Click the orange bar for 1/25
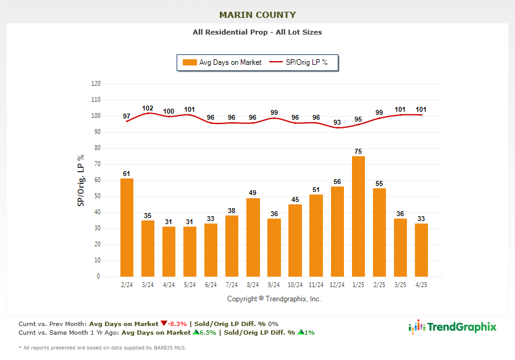pyautogui.click(x=358, y=216)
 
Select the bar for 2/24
pyautogui.click(x=127, y=227)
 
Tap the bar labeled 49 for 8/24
pyautogui.click(x=253, y=237)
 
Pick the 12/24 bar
pyautogui.click(x=337, y=231)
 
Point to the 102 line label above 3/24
pyautogui.click(x=148, y=108)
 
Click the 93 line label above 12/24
pyautogui.click(x=337, y=122)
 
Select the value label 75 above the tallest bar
pyautogui.click(x=358, y=150)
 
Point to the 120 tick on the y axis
pyautogui.click(x=96, y=83)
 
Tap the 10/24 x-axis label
pyautogui.click(x=295, y=284)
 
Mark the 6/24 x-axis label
pyautogui.click(x=211, y=284)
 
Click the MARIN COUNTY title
pyautogui.click(x=257, y=15)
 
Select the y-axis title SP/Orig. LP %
pyautogui.click(x=81, y=180)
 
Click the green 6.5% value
pyautogui.click(x=203, y=332)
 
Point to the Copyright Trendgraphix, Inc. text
pyautogui.click(x=274, y=299)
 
